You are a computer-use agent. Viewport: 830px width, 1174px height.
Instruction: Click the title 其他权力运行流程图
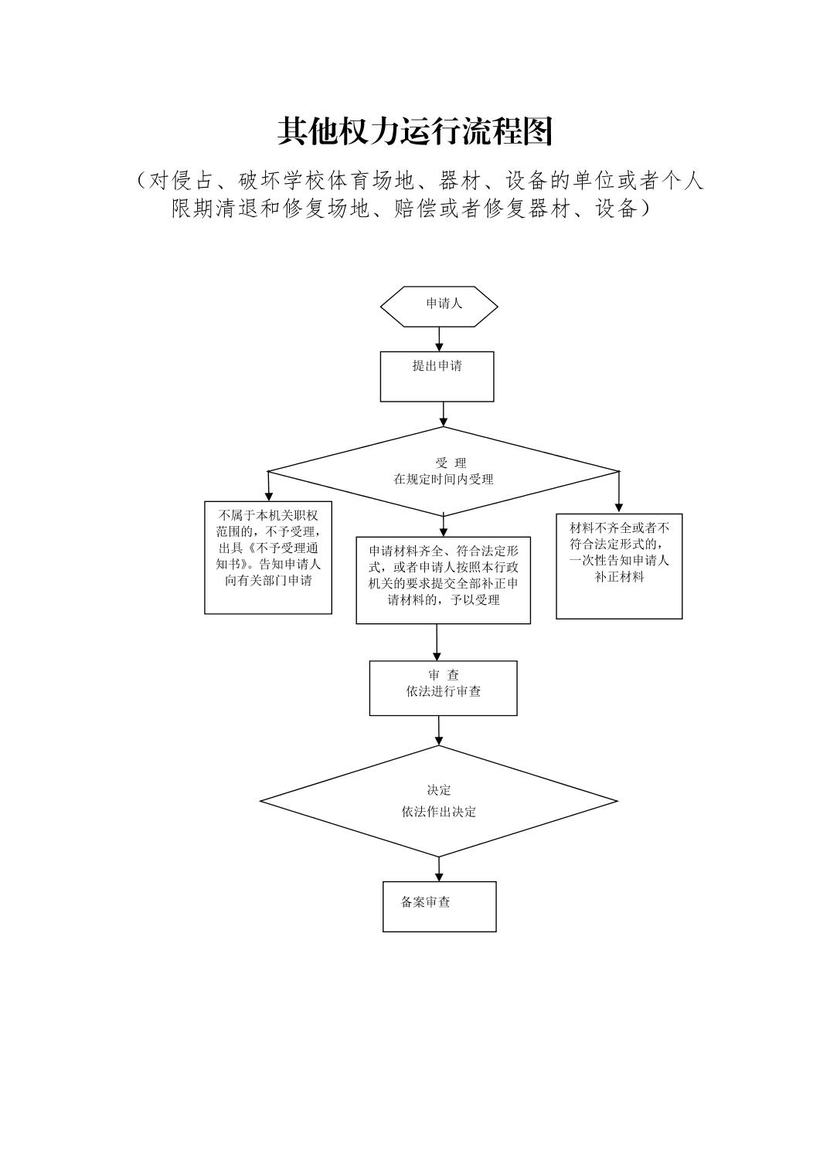coord(415,132)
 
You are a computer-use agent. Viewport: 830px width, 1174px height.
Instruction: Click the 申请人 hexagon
coord(439,307)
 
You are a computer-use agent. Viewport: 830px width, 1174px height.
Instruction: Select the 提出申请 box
coord(437,376)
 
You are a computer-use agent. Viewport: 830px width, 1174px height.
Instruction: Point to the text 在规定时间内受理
coord(443,479)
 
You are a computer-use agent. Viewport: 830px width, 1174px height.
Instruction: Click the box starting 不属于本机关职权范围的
coord(268,558)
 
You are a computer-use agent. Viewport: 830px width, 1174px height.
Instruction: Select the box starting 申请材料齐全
coord(443,579)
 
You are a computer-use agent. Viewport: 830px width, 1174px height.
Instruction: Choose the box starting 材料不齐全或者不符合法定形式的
coord(619,565)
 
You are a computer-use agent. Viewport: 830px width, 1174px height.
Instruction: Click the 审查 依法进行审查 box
coord(443,687)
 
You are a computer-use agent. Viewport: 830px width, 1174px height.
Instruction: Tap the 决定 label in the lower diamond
coord(438,790)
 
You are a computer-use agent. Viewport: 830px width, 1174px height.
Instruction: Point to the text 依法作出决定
coord(438,812)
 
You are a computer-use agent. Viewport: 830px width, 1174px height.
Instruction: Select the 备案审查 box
coord(439,906)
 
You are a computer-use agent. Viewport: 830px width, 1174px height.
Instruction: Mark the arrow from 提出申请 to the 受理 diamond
coord(443,414)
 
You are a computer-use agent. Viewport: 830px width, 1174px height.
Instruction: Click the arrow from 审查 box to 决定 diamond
coord(439,730)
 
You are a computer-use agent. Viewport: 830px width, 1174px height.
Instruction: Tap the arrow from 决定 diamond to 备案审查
coord(439,869)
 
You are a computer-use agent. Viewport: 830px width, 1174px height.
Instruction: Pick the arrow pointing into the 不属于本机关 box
coord(268,487)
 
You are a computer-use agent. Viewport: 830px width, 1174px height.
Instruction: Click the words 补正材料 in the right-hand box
coord(619,577)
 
